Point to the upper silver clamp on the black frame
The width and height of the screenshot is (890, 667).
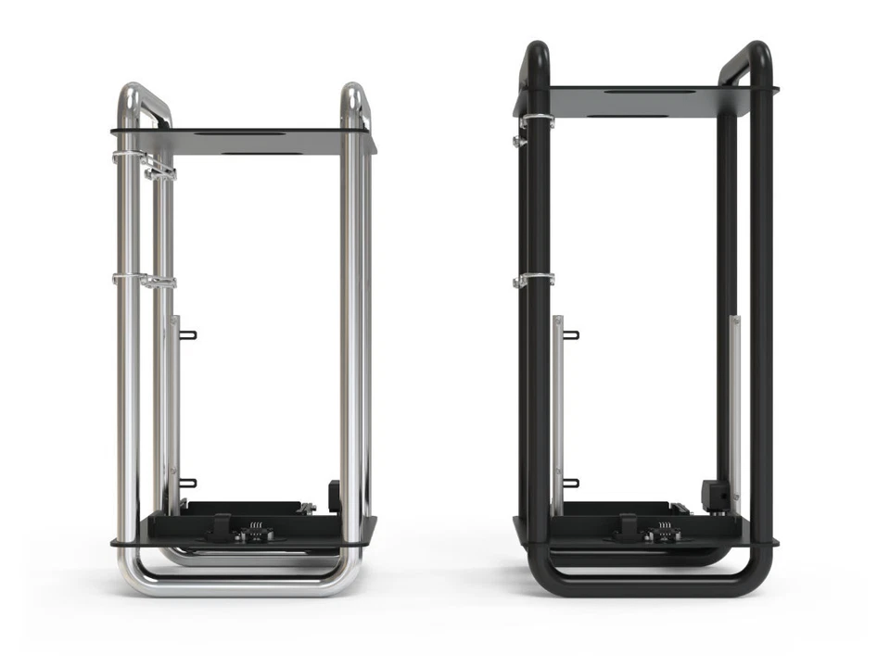pyautogui.click(x=535, y=121)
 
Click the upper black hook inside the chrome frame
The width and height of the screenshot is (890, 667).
pyautogui.click(x=188, y=334)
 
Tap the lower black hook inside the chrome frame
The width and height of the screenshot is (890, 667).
pyautogui.click(x=188, y=482)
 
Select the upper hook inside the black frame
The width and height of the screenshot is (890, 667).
pyautogui.click(x=571, y=334)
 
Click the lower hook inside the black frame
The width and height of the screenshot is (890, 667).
pyautogui.click(x=571, y=482)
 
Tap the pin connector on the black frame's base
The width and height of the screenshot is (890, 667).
pyautogui.click(x=664, y=532)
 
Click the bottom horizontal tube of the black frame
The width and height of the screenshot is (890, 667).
pyautogui.click(x=649, y=586)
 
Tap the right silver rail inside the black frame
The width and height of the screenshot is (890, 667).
pyautogui.click(x=734, y=389)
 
